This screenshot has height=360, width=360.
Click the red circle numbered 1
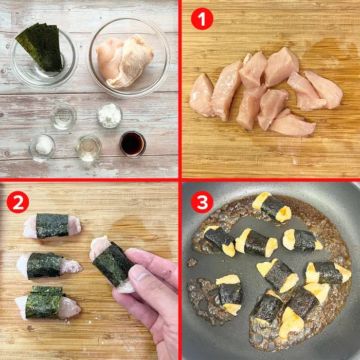[202, 19]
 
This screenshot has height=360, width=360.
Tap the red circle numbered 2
[18, 202]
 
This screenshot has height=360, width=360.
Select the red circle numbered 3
[202, 202]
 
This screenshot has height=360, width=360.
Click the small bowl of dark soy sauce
[133, 144]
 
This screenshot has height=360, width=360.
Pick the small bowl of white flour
[110, 115]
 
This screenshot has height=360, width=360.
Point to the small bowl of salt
[42, 148]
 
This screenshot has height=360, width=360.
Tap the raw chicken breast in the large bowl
[124, 61]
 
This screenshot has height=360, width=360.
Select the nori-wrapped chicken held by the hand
[113, 264]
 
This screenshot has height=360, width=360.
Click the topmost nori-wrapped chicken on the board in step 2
[52, 226]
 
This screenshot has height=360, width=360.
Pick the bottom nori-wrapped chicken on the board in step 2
[48, 302]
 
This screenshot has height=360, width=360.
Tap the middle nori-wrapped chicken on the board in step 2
[49, 266]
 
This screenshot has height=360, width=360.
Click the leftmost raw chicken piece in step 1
[202, 95]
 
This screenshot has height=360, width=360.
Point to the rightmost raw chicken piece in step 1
[324, 89]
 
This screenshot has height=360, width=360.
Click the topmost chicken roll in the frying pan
[272, 207]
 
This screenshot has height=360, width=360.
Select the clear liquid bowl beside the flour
[63, 116]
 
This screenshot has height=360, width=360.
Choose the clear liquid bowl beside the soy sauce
[89, 148]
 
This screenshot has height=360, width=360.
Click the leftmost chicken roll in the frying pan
[220, 241]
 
